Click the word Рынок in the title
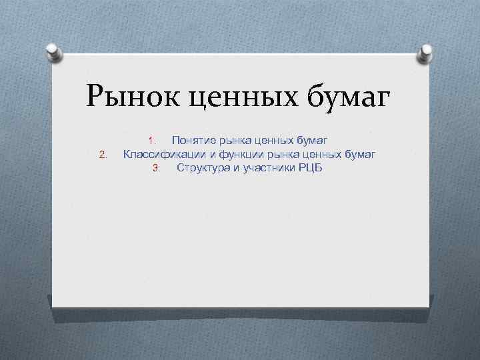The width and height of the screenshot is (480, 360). [132, 97]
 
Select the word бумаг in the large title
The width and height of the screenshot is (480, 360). [347, 97]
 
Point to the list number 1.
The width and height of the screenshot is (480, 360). [152, 141]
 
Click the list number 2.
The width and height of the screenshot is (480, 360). [103, 155]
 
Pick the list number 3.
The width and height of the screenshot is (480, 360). [157, 168]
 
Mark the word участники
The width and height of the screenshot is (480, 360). [265, 167]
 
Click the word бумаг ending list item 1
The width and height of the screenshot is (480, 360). [311, 141]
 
